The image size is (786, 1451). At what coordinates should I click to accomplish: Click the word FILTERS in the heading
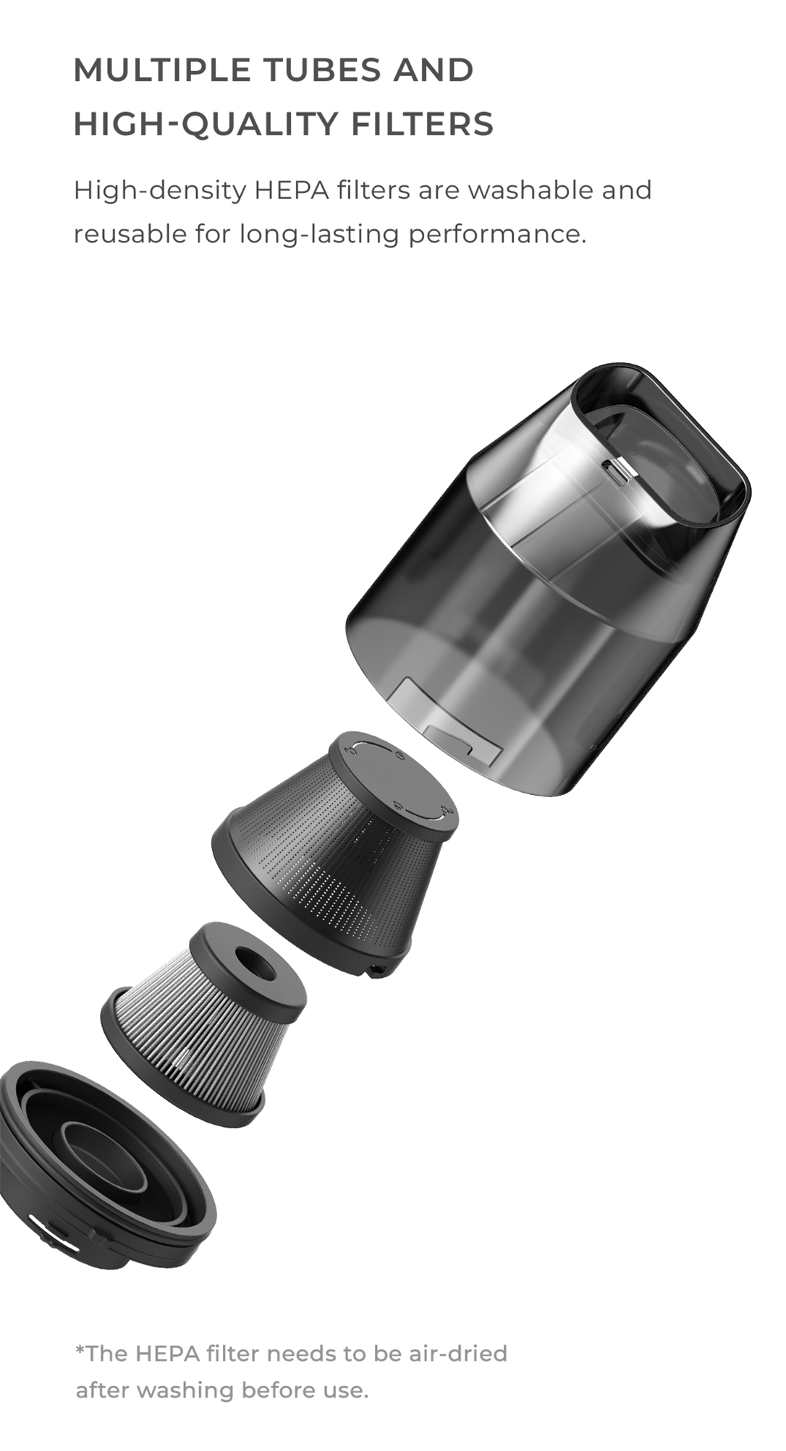422,124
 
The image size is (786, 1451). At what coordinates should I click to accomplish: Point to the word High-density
160,191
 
